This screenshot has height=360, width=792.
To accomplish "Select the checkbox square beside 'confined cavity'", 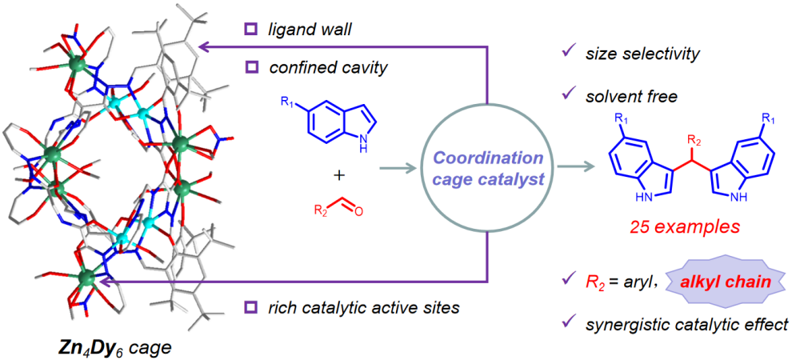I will [x=250, y=67].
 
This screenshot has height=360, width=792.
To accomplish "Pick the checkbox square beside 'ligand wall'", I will [x=250, y=30].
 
